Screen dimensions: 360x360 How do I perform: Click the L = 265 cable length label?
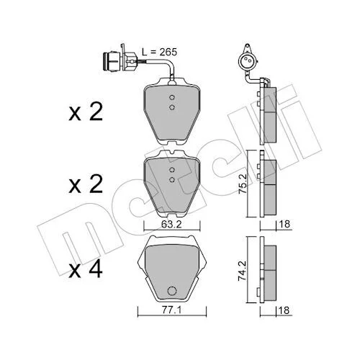159,52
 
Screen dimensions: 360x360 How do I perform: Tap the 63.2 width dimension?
171,224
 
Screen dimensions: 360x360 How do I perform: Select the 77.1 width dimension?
171,310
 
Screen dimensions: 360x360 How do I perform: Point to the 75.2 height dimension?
243,184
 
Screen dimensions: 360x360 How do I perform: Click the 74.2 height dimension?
243,271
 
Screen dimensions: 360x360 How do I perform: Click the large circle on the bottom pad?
172,291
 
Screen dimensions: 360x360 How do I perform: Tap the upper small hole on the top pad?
171,97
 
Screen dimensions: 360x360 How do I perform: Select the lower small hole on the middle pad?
171,179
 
